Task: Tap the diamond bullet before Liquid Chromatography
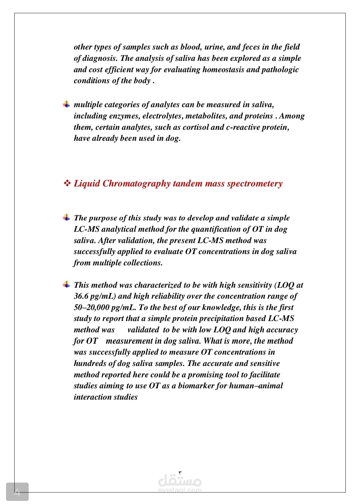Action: [67, 183]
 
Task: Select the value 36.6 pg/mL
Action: [94, 296]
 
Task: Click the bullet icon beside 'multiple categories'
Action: [67, 104]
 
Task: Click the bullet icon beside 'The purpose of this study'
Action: [67, 218]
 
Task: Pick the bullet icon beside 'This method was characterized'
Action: [67, 284]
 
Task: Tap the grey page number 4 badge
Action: [17, 492]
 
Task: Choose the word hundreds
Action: [89, 363]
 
